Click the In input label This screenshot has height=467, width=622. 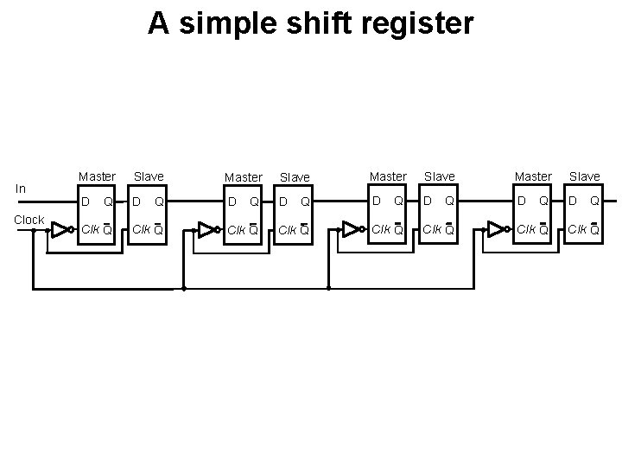coord(21,189)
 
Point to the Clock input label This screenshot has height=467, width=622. coord(29,220)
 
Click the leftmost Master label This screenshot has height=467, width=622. coord(97,176)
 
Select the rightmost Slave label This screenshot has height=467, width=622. coord(584,176)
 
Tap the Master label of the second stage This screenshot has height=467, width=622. coord(243,177)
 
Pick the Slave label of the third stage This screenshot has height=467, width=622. coord(439,176)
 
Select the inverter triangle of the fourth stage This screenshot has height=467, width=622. coord(496,229)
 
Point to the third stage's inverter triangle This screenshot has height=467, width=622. coord(351,229)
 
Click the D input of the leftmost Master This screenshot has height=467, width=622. coord(84,202)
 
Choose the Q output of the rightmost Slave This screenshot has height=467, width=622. coord(595,202)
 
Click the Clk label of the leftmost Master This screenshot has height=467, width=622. coord(89,230)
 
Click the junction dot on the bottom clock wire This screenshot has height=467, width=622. coord(184,287)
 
